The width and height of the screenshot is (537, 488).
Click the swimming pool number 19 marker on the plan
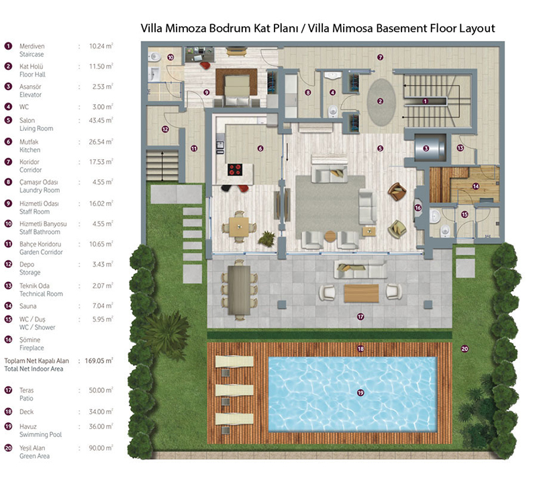tap(360, 393)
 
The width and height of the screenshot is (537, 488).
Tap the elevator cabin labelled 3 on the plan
tap(430, 148)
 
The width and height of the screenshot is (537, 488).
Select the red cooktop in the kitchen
tap(236, 170)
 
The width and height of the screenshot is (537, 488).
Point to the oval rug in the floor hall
tap(381, 102)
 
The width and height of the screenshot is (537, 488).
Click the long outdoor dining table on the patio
tap(239, 290)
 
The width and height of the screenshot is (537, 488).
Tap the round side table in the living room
tap(330, 236)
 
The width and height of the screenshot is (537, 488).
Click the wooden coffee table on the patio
tap(361, 293)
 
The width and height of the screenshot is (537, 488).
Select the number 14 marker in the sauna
tap(475, 187)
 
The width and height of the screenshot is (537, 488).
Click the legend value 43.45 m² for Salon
tap(101, 121)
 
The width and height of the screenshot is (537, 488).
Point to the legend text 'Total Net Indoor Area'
tap(34, 369)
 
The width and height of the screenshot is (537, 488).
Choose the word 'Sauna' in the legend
tap(28, 306)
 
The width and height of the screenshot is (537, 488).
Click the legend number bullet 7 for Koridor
tap(8, 162)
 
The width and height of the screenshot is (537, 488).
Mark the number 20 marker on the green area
tap(465, 349)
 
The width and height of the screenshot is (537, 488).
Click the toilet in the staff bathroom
tap(155, 57)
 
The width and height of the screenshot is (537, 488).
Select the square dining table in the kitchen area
tap(239, 227)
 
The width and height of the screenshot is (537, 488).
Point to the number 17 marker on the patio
tap(360, 317)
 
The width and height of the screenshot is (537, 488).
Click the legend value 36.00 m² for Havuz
tap(101, 427)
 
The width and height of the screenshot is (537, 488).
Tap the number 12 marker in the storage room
tap(165, 129)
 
